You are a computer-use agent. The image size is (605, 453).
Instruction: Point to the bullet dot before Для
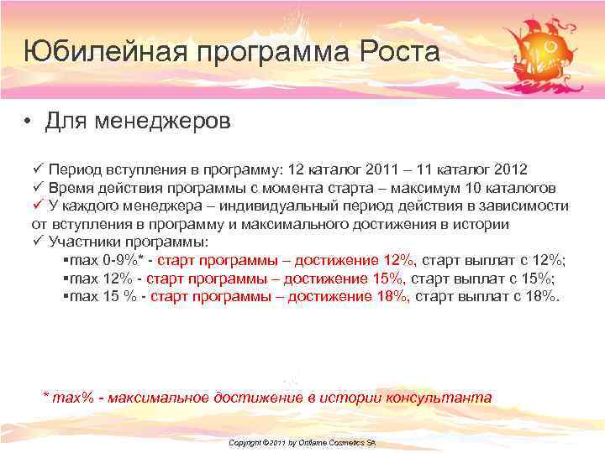pyautogui.click(x=29, y=122)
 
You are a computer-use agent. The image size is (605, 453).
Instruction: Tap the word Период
pyautogui.click(x=76, y=169)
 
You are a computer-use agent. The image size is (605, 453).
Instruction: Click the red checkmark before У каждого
pyautogui.click(x=37, y=206)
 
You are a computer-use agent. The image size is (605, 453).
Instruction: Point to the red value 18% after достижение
pyautogui.click(x=392, y=297)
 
